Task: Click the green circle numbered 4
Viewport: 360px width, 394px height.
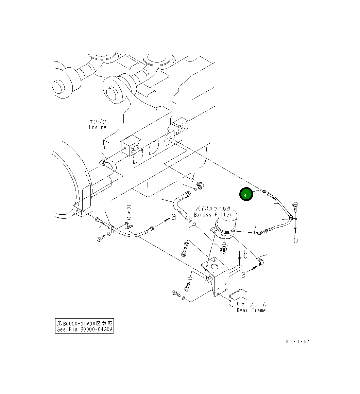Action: [246, 195]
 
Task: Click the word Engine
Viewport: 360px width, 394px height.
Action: [98, 127]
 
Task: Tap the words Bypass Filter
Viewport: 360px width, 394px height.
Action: [213, 215]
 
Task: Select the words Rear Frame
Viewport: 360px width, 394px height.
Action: [251, 310]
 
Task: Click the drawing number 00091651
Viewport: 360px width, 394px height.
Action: [296, 342]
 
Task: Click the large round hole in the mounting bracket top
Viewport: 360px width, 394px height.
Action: [215, 266]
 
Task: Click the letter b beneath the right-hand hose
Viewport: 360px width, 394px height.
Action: [296, 240]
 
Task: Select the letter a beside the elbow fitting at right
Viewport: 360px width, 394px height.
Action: [243, 274]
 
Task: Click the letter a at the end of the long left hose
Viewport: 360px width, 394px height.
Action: [174, 217]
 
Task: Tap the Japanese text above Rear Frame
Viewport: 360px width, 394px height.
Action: [251, 304]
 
